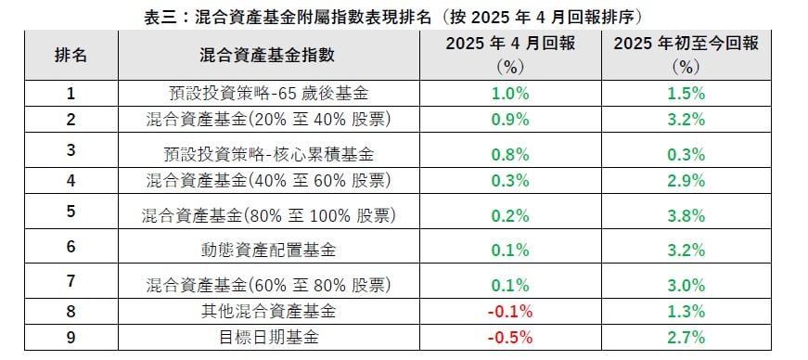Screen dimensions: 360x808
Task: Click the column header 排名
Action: coord(71,55)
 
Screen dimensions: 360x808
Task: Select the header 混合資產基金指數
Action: coord(269,55)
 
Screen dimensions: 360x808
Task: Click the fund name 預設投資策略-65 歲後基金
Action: coord(268,94)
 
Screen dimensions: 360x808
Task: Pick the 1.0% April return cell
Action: coord(511,94)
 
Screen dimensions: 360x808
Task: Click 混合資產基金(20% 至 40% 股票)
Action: coord(268,119)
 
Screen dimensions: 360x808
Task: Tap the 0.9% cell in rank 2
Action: coord(511,119)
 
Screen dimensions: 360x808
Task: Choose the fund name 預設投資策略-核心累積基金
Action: coord(268,154)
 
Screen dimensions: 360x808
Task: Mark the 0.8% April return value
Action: coord(511,154)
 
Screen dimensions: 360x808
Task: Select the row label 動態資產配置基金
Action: coord(268,250)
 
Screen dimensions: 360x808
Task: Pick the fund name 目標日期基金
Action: coord(268,336)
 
